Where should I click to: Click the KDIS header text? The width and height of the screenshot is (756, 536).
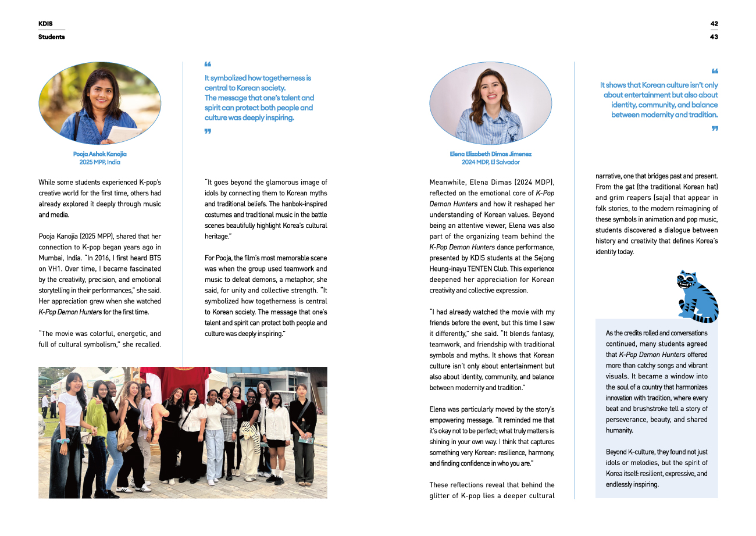45,24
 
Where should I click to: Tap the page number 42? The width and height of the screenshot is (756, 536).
714,24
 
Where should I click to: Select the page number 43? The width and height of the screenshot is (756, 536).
714,37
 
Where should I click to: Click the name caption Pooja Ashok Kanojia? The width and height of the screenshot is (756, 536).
99,154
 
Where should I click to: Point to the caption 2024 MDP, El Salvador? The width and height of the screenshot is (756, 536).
490,162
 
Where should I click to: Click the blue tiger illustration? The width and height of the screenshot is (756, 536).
697,296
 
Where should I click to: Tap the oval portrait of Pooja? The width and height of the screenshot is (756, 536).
99,103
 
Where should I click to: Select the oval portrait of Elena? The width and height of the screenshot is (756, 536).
490,103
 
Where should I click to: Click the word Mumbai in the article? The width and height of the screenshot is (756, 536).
52,258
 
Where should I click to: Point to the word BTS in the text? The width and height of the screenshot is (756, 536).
153,258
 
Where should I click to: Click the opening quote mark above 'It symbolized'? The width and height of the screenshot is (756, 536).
208,65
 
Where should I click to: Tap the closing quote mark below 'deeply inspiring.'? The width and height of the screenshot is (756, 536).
208,131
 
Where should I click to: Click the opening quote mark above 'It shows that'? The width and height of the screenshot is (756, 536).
714,72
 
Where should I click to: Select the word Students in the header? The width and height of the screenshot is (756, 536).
52,37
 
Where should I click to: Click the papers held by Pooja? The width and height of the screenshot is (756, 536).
123,133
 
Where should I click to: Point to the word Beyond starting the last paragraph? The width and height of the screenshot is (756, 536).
616,452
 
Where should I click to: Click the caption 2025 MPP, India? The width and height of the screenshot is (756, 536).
99,162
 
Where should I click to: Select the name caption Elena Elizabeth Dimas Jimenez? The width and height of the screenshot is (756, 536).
490,154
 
